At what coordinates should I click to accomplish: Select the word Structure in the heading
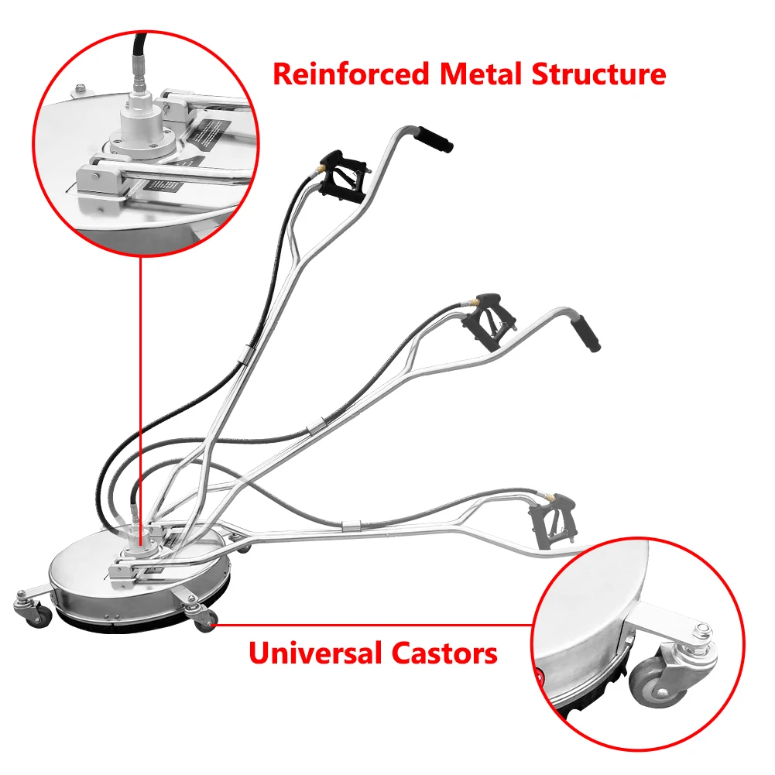598,74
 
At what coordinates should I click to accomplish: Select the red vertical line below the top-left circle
140,387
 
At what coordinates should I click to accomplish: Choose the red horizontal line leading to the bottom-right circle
372,624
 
